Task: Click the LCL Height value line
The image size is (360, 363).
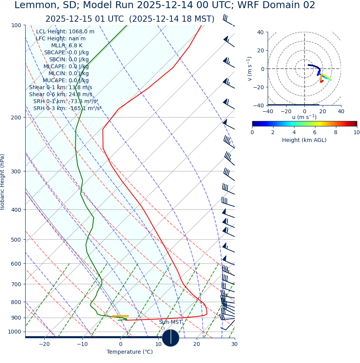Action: [x=65, y=31]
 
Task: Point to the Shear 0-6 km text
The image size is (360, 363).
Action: [x=61, y=94]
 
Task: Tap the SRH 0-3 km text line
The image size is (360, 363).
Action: [x=67, y=108]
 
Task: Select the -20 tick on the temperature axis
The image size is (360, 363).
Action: [x=44, y=344]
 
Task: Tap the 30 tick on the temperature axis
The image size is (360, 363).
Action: [x=234, y=344]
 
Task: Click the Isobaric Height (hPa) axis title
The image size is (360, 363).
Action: [x=3, y=182]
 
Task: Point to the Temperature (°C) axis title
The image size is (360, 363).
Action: [x=130, y=352]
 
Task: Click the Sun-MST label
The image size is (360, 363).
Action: [x=170, y=322]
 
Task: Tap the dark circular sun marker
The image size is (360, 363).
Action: [x=171, y=338]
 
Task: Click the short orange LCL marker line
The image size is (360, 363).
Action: [x=120, y=316]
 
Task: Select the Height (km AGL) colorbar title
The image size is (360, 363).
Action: [x=304, y=140]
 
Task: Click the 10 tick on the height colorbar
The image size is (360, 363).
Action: [x=357, y=132]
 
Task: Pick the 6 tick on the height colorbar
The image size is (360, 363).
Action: [x=315, y=132]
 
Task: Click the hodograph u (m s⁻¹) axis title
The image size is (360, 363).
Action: [x=304, y=117]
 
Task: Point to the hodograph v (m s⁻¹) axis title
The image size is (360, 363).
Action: [x=250, y=69]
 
